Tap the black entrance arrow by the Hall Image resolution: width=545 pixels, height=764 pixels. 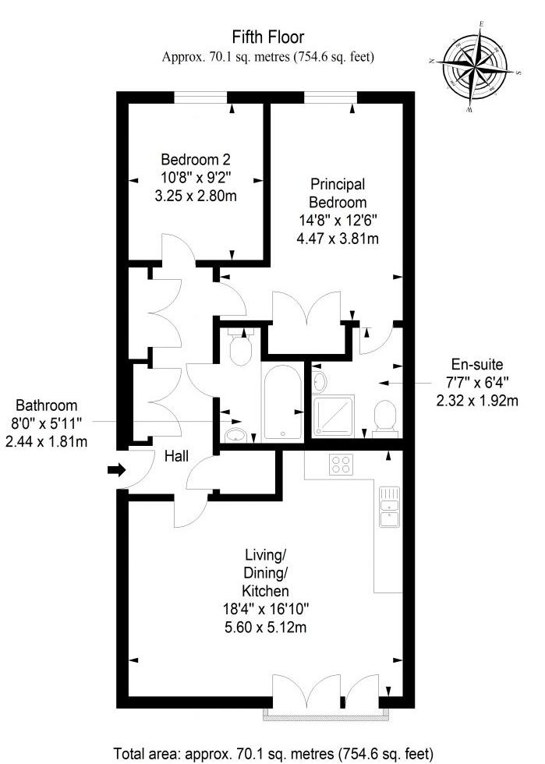tap(116, 470)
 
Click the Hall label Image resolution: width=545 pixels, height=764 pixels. tap(176, 457)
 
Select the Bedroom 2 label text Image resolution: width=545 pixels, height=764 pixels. tap(196, 159)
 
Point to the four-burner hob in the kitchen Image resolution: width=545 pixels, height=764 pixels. tap(341, 464)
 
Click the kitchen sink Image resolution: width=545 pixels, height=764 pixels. tap(390, 507)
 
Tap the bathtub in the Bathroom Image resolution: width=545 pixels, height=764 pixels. tap(282, 403)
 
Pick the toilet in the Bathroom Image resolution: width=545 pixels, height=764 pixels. tap(240, 346)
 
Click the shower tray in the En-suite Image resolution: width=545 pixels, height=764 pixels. tap(334, 416)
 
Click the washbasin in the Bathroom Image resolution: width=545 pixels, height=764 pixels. tap(236, 435)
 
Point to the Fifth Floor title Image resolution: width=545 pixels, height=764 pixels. tap(268, 37)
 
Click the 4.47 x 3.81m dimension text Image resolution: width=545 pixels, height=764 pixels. tap(338, 239)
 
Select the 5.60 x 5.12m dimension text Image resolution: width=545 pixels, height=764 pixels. tap(266, 627)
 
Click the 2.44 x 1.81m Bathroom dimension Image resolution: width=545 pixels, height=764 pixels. tap(46, 441)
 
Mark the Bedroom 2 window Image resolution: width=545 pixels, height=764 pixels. tap(201, 97)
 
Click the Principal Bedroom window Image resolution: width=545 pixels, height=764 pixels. tap(331, 97)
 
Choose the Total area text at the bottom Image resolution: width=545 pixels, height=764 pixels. tap(274, 753)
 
